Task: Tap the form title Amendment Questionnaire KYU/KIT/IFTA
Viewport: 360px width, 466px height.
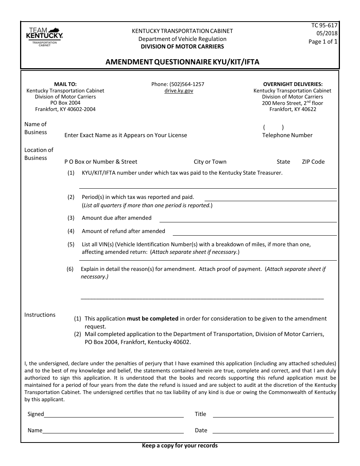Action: (x=182, y=62)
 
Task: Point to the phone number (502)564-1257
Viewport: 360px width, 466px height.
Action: (x=178, y=84)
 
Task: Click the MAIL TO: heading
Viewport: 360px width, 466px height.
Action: (x=65, y=84)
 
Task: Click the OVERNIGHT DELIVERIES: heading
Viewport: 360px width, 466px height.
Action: (x=293, y=84)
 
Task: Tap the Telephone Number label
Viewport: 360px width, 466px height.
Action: (x=287, y=135)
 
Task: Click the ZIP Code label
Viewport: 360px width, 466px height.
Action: (x=313, y=162)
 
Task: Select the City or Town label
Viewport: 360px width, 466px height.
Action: (x=210, y=162)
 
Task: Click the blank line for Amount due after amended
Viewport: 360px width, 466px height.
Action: (x=248, y=221)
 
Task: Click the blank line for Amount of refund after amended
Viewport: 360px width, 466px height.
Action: (x=255, y=234)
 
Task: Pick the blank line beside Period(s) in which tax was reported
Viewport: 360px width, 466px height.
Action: (x=271, y=200)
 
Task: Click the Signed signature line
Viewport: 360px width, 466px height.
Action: (x=114, y=416)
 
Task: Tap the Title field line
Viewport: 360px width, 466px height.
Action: (x=273, y=416)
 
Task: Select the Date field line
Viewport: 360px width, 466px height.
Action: (x=273, y=432)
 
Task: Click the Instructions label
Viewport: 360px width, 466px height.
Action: (x=40, y=315)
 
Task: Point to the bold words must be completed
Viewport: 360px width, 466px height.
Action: (x=152, y=319)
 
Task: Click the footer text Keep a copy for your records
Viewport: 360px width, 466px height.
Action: (x=180, y=446)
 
